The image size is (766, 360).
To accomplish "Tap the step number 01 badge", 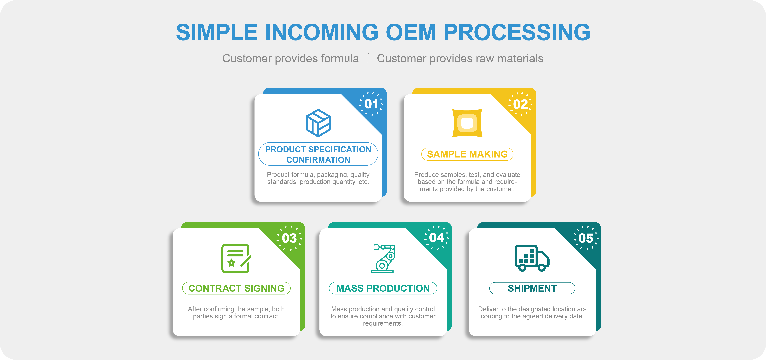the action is [371, 104].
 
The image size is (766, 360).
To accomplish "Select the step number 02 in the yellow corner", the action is [520, 104].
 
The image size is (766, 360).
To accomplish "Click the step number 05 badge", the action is [586, 238].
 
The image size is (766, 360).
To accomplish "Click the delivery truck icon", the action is [532, 258].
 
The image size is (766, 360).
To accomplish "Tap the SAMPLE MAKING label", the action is [467, 154].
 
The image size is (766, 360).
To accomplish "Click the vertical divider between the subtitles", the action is [368, 58].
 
